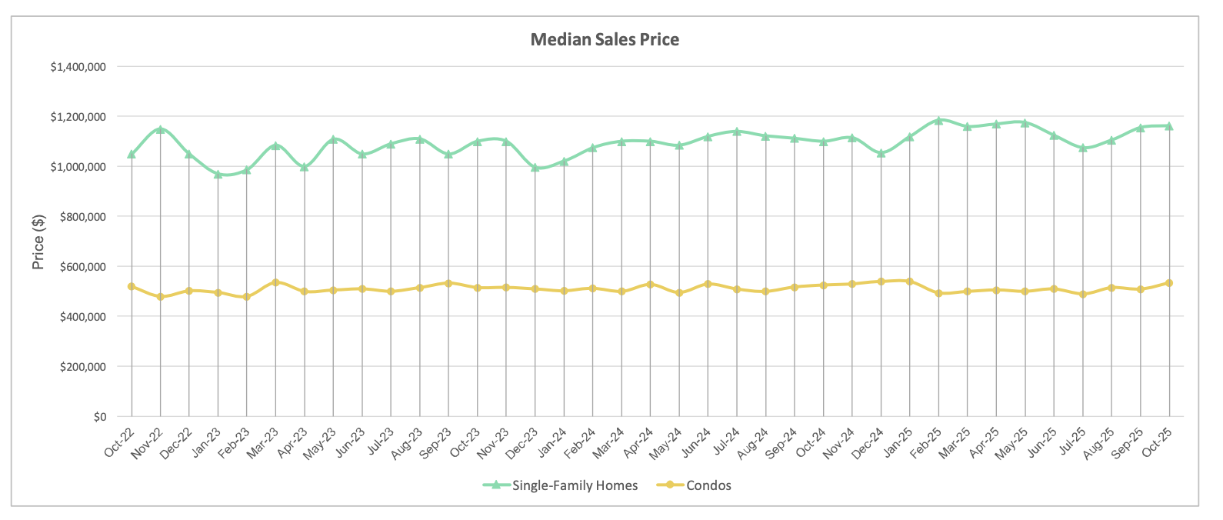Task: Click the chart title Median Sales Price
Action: [x=605, y=39]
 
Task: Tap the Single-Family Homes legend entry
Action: [x=575, y=485]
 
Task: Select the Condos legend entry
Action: [x=708, y=485]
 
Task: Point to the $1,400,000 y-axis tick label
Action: [x=78, y=67]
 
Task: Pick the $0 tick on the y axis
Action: [x=99, y=417]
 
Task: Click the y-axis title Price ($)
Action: [x=38, y=242]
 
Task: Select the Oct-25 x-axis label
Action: [x=1158, y=442]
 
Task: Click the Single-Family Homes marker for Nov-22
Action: [x=161, y=129]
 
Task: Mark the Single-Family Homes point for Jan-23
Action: [x=218, y=175]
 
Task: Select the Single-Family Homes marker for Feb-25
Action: [x=938, y=121]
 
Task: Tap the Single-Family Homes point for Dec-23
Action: [x=535, y=167]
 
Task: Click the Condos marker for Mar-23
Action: [x=275, y=282]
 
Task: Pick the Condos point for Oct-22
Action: [x=132, y=286]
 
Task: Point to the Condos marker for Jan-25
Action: [x=910, y=282]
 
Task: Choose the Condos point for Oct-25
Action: [x=1169, y=283]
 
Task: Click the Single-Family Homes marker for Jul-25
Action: [x=1083, y=148]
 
